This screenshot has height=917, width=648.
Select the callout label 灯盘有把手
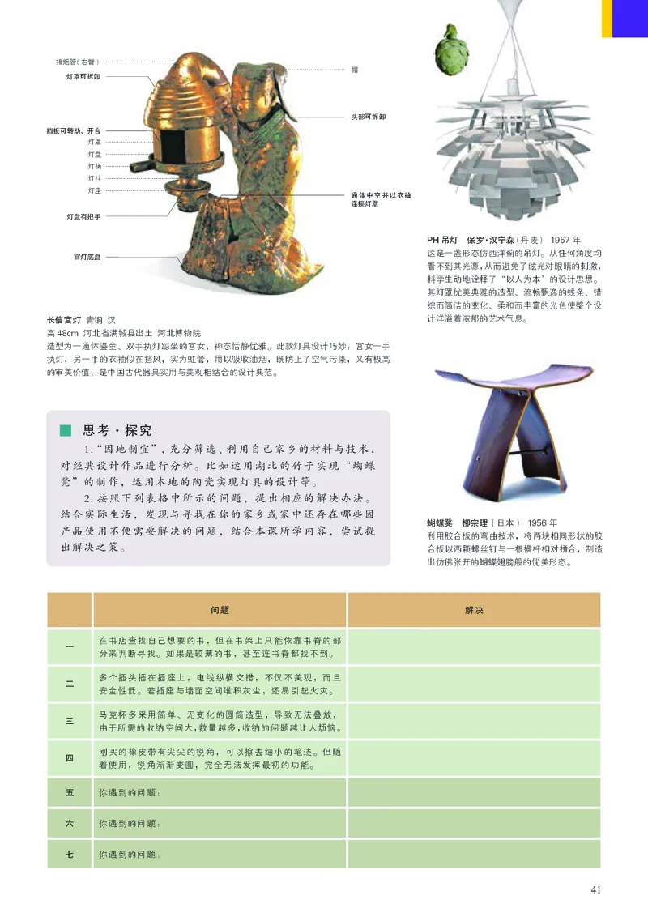coord(83,217)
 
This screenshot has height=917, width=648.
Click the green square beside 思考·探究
coord(66,430)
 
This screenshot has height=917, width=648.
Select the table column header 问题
coord(220,610)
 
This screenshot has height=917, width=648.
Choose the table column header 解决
coord(474,610)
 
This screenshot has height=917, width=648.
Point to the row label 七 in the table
coord(70,854)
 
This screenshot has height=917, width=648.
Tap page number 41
coord(595,890)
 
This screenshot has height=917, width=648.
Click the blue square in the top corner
coord(629,18)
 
